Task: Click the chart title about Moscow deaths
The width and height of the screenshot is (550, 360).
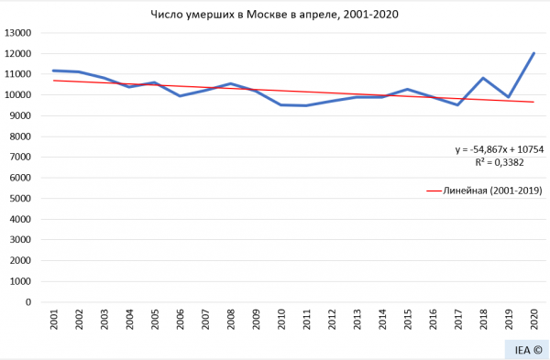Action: pyautogui.click(x=275, y=15)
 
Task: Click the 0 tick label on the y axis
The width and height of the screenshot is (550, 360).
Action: pyautogui.click(x=28, y=302)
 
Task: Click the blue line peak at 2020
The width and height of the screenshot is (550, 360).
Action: pyautogui.click(x=533, y=53)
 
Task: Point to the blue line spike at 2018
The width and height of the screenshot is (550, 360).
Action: pyautogui.click(x=483, y=78)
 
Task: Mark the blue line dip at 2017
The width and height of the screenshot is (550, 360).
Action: pyautogui.click(x=457, y=104)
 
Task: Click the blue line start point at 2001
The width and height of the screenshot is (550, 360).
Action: pyautogui.click(x=56, y=71)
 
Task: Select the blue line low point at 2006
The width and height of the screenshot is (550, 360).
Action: pyautogui.click(x=181, y=95)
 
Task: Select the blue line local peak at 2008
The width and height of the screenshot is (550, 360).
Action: pyautogui.click(x=232, y=83)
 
